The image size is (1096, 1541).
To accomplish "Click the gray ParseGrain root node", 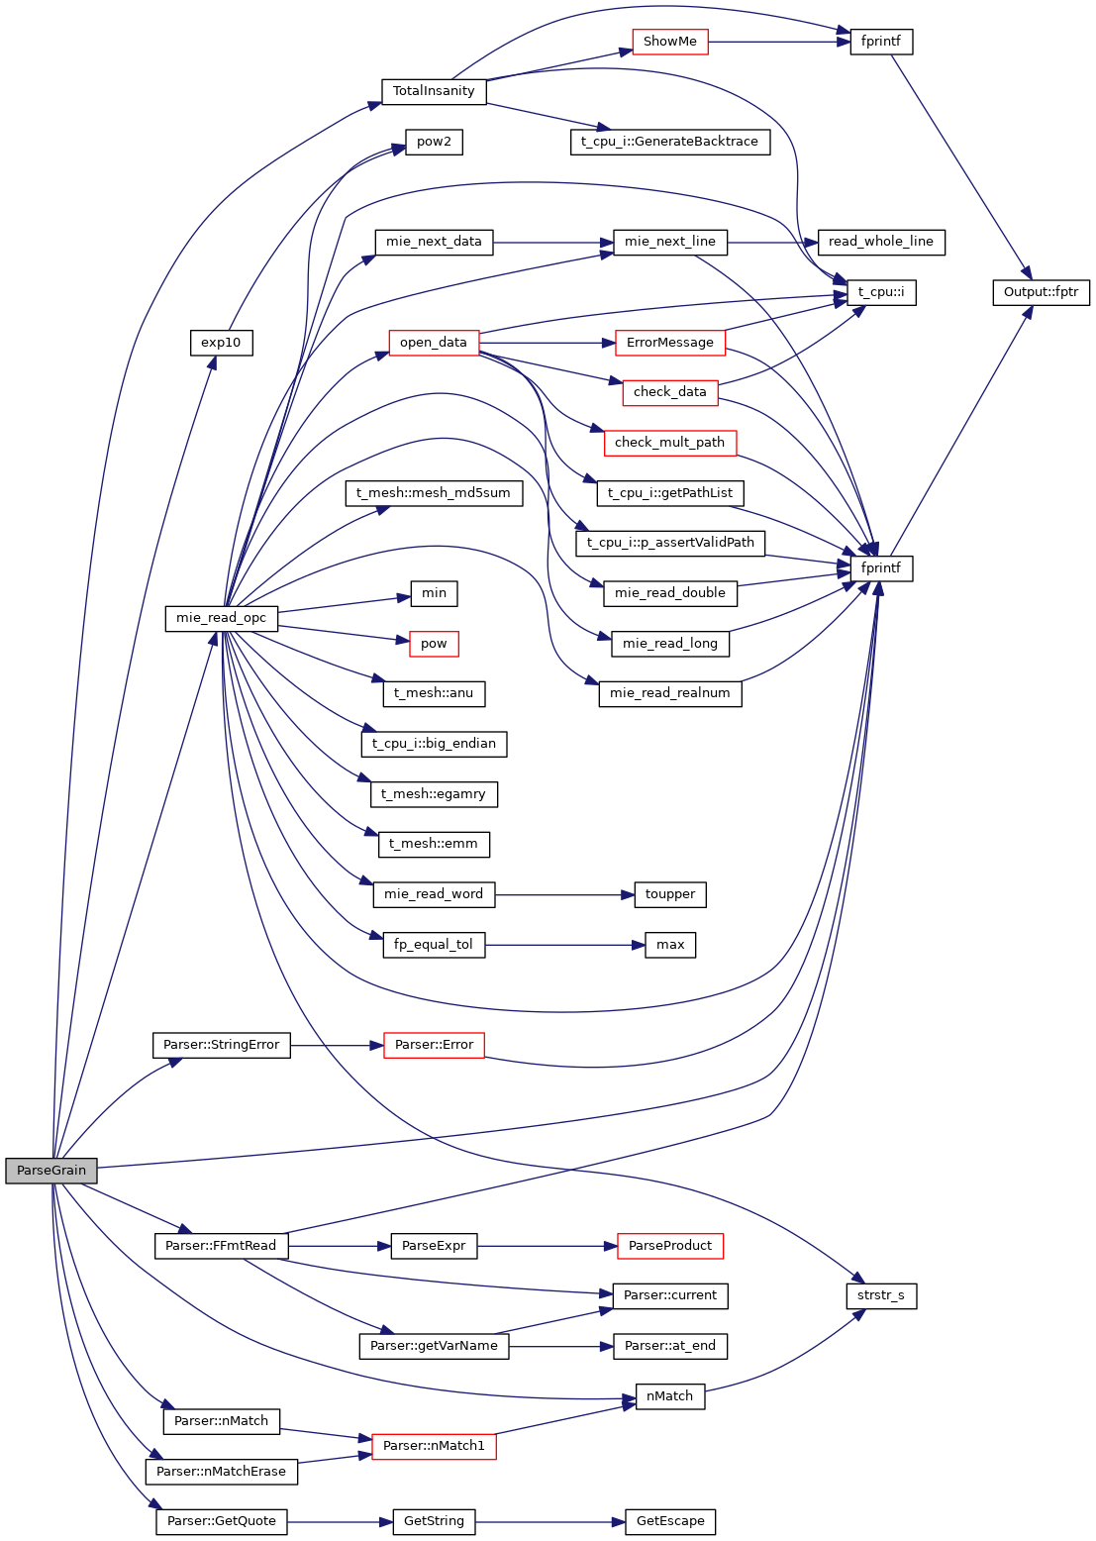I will coord(51,1171).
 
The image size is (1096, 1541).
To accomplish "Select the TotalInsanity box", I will coord(434,91).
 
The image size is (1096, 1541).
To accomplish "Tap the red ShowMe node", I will coord(670,42).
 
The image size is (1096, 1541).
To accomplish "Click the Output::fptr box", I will coord(1041,292).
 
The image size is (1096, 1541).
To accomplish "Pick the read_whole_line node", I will coord(880,242).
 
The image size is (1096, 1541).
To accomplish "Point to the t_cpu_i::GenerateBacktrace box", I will coord(669,142).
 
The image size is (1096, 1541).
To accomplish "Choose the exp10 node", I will coord(221,343).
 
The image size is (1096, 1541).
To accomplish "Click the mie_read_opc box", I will coord(221,618).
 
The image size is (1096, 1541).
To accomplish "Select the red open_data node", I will coord(434,343).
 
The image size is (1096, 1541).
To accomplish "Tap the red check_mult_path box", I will coord(669,443).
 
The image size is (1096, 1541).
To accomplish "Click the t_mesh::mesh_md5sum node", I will coord(434,492).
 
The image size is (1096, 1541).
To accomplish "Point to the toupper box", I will coord(670,894).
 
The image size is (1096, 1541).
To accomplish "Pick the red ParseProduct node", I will coord(670,1246).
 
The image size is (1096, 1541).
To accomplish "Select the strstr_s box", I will coord(881,1295).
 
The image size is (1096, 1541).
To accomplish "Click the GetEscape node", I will coord(670,1521).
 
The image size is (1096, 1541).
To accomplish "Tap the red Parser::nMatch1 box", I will coord(434,1446).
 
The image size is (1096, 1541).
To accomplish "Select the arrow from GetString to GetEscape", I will coord(549,1521).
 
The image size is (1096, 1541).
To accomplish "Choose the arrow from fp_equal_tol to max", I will coord(564,945).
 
